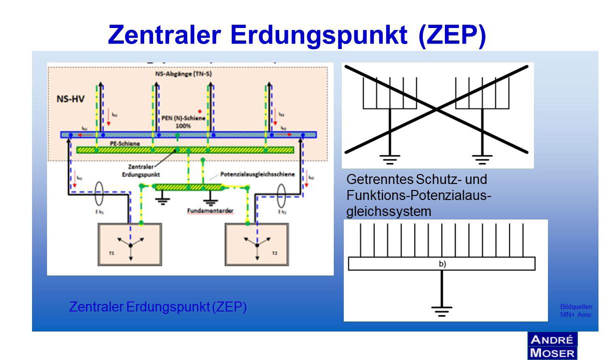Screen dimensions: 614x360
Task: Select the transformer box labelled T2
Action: click(x=257, y=244)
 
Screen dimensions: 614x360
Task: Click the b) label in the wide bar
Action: click(x=442, y=264)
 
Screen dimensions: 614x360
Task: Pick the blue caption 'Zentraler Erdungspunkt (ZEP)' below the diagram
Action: click(x=158, y=307)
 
